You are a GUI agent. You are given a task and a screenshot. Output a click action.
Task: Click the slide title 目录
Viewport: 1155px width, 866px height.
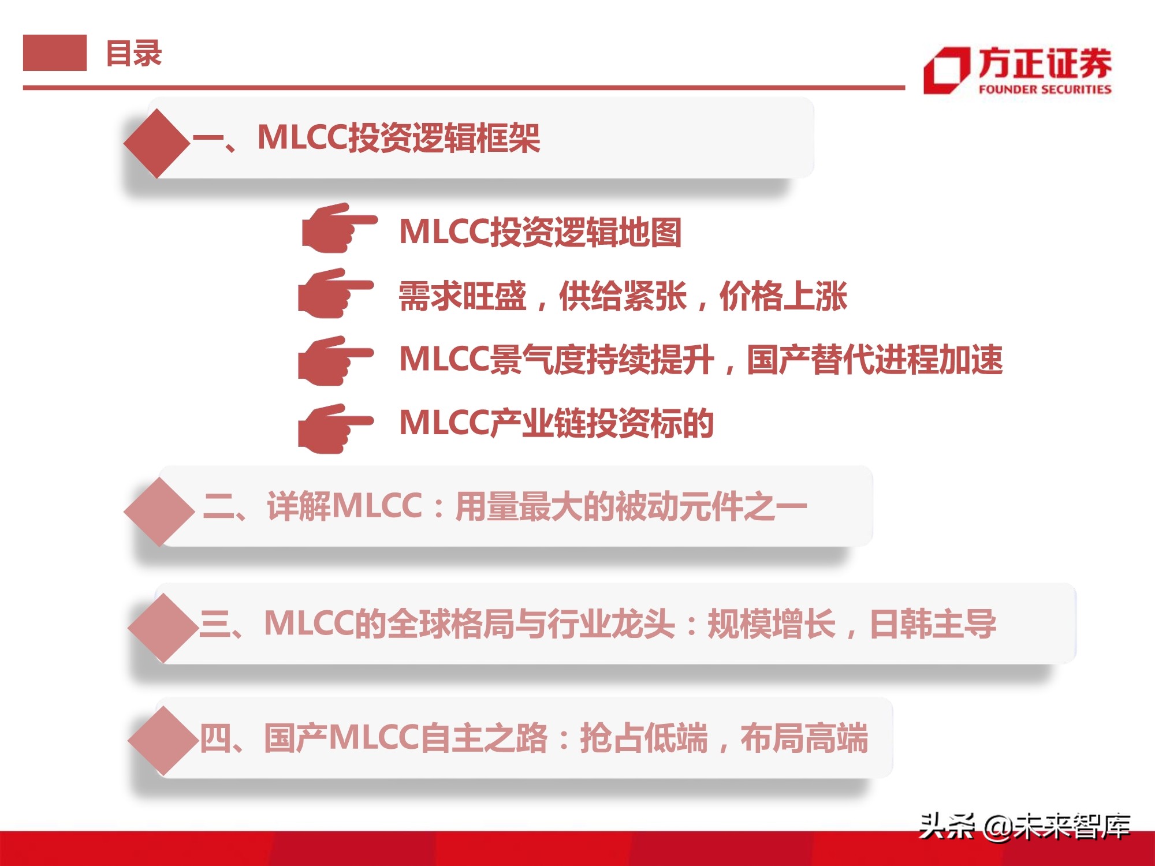(134, 53)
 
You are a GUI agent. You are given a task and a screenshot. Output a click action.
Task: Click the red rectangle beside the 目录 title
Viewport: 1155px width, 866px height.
(55, 53)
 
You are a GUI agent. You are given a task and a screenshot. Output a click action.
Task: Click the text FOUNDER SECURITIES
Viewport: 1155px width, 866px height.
(1045, 89)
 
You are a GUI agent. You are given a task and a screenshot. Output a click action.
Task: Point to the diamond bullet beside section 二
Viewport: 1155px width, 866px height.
(159, 512)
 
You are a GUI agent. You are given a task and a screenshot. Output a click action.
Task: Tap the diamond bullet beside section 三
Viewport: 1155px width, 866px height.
(163, 628)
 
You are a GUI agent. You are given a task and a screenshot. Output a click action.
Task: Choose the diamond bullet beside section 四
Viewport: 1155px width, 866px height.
(163, 740)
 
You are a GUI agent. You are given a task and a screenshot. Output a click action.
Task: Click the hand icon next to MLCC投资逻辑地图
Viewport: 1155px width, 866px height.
(338, 228)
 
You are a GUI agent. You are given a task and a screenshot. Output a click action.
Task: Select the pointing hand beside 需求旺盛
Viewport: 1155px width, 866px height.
(334, 293)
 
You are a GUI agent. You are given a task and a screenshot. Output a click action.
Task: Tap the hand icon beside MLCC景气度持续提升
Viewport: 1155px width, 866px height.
(334, 361)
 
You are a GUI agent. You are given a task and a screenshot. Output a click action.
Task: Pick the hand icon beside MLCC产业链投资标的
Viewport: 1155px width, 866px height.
(334, 428)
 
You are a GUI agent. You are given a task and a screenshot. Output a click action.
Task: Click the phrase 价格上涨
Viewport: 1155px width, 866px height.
(783, 296)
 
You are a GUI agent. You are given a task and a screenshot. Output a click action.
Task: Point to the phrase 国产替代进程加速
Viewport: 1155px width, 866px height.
(874, 359)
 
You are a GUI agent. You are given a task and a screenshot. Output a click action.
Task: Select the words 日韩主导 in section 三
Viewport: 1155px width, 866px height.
(933, 624)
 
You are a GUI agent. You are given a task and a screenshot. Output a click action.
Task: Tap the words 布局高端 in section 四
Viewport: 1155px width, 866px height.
(804, 738)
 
